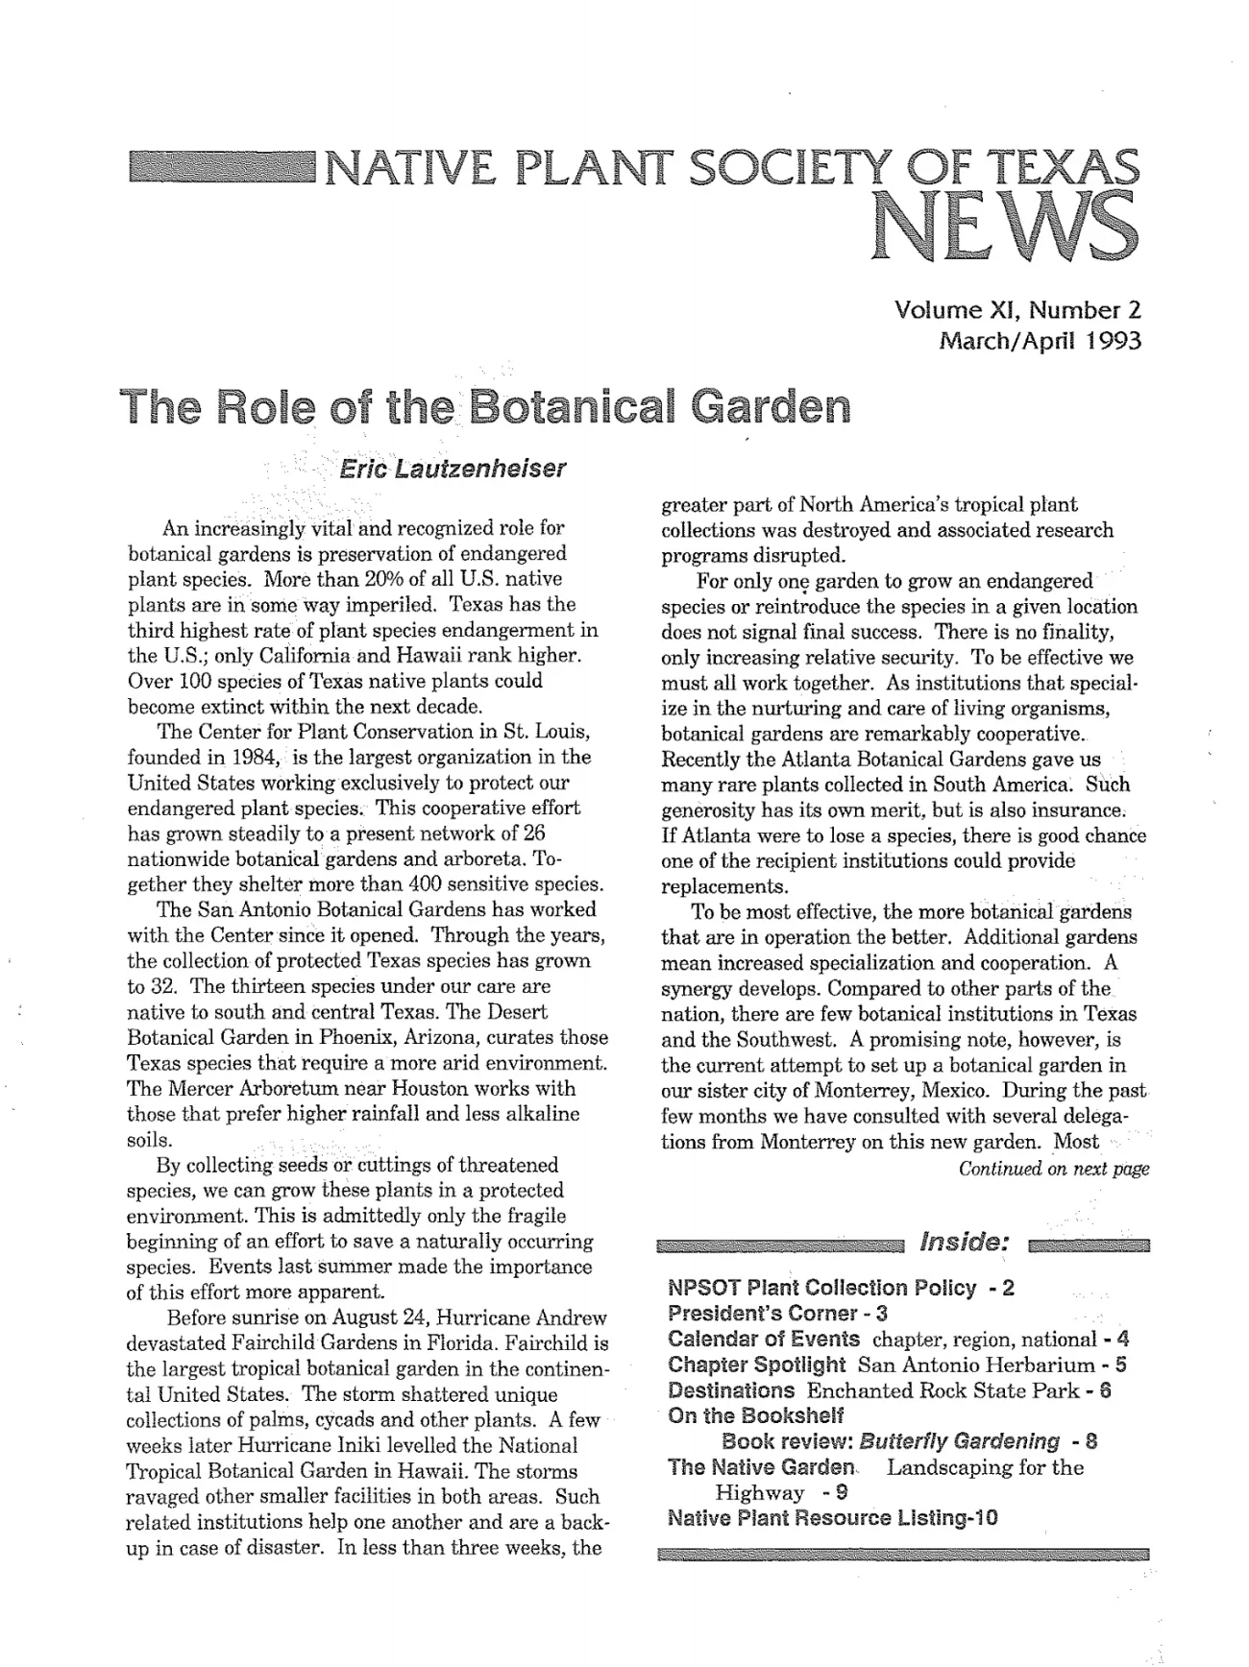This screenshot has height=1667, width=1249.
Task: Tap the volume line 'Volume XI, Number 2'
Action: click(x=1017, y=310)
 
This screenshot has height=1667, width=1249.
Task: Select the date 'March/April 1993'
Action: click(x=1040, y=340)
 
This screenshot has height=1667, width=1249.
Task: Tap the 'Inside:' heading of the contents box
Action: click(x=965, y=1242)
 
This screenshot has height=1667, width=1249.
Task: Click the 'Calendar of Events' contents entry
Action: click(x=764, y=1339)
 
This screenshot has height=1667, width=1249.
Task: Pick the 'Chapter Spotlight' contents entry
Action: click(x=756, y=1365)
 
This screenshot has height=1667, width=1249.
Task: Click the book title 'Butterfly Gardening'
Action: click(x=960, y=1441)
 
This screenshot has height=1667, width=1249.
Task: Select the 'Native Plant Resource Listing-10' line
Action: click(x=832, y=1518)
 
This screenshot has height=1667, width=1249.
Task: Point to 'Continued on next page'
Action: click(x=1053, y=1169)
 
